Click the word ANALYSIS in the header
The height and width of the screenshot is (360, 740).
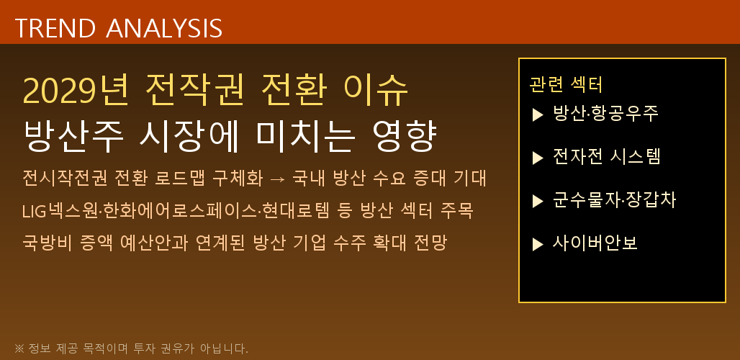(x=164, y=28)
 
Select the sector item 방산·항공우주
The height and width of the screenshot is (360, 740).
(x=605, y=114)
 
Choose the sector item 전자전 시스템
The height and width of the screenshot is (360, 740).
(x=605, y=157)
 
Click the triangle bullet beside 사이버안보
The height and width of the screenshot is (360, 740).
(x=537, y=245)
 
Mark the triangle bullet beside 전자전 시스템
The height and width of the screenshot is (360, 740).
(x=537, y=158)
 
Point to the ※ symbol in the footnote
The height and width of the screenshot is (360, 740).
(x=19, y=349)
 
